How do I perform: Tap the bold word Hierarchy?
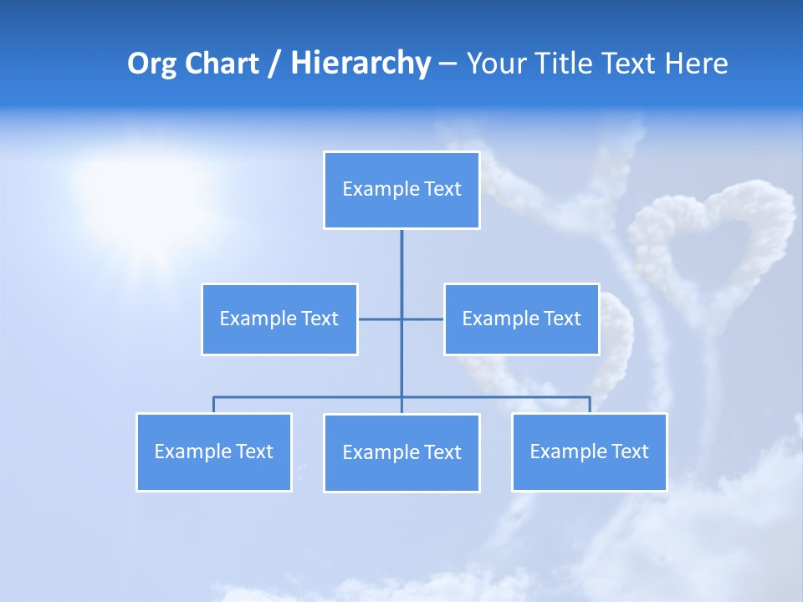pyautogui.click(x=361, y=64)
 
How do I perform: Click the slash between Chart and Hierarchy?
pyautogui.click(x=274, y=64)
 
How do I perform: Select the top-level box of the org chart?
pyautogui.click(x=401, y=190)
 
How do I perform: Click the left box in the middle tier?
pyautogui.click(x=279, y=319)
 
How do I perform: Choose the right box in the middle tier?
pyautogui.click(x=521, y=319)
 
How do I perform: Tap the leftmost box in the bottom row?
pyautogui.click(x=214, y=452)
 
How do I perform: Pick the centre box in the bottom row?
pyautogui.click(x=401, y=453)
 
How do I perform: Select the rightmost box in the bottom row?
pyautogui.click(x=590, y=452)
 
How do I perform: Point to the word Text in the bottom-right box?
pyautogui.click(x=629, y=452)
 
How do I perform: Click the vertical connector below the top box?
pyautogui.click(x=401, y=268)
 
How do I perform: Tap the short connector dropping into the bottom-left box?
pyautogui.click(x=214, y=405)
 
